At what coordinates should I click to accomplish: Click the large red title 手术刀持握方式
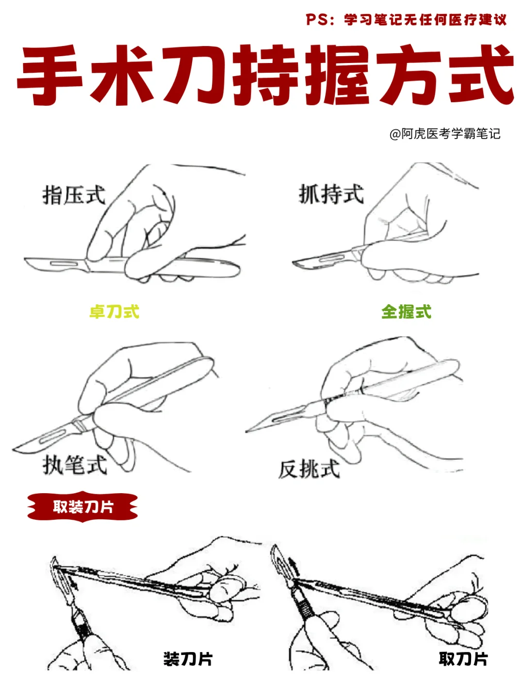pos(265,75)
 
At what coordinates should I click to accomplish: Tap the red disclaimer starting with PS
pos(406,20)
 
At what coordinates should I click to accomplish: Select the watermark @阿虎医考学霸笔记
pos(444,134)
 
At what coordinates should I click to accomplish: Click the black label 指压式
pos(74,195)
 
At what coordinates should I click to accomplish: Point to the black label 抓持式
pos(331,194)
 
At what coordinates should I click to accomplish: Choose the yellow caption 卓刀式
pos(114,312)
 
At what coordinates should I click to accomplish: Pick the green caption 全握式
pos(406,312)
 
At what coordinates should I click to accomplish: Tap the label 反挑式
pos(309,469)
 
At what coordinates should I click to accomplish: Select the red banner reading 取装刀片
pos(82,507)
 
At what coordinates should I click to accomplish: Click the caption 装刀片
pos(188,659)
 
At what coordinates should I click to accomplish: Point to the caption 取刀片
pos(463,659)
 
